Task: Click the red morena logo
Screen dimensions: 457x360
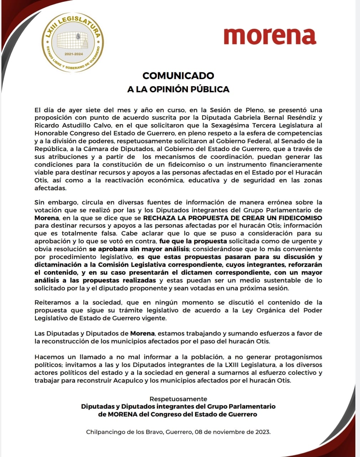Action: tap(270, 36)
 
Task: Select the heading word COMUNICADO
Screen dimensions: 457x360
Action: tap(178, 76)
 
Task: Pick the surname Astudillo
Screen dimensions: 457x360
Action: tap(70, 125)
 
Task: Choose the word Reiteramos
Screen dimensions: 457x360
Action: tap(53, 302)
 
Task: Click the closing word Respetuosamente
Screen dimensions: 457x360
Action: tap(178, 399)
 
